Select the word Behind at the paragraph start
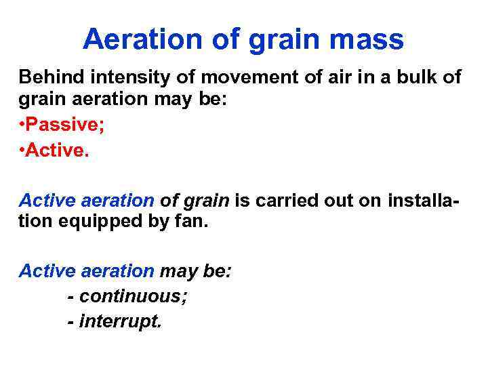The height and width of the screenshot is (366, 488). [x=48, y=77]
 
